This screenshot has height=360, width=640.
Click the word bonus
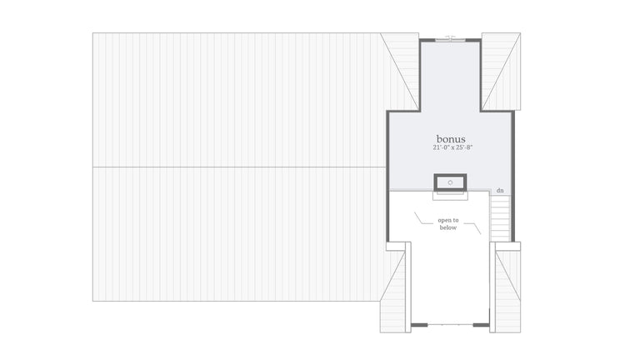(450, 138)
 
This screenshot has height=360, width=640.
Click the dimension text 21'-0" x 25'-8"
(450, 148)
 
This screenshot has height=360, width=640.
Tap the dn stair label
(500, 191)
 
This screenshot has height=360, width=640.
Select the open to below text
(448, 223)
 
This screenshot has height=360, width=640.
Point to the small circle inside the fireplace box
(450, 182)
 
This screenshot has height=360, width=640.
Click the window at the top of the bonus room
(450, 38)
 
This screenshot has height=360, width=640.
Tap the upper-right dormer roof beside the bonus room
(500, 71)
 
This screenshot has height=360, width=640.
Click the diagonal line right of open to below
(476, 227)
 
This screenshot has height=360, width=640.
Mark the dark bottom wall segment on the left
(420, 325)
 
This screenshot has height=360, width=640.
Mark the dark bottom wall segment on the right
(481, 325)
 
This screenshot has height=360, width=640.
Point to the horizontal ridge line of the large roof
(237, 167)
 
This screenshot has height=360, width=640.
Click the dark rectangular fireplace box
(450, 182)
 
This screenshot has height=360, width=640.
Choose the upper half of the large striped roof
(237, 100)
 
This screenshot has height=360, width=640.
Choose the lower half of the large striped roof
(237, 233)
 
